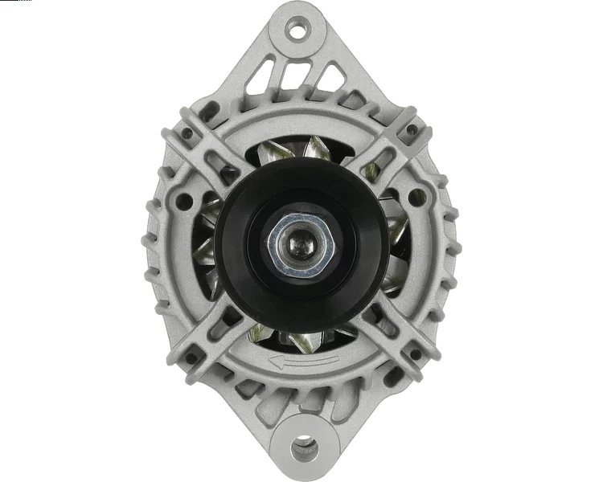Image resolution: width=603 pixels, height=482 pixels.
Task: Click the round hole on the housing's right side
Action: tap(415, 195)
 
